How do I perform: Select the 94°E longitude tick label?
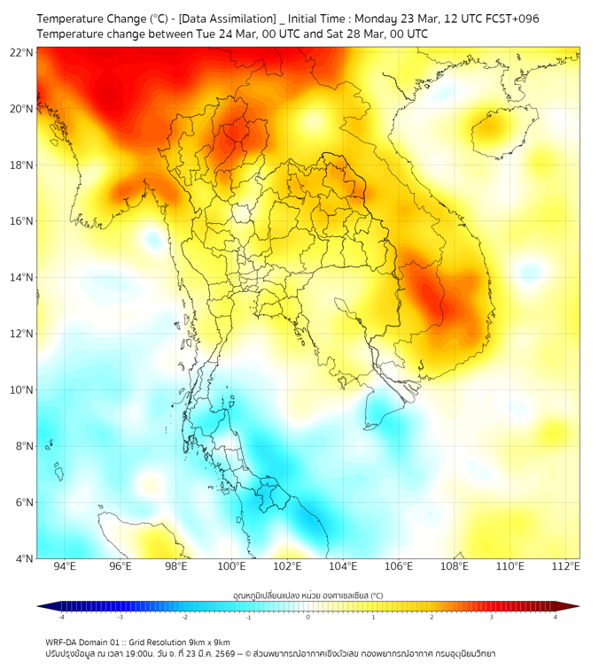[65, 566]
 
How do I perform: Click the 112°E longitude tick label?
[565, 566]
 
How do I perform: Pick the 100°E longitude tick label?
[231, 566]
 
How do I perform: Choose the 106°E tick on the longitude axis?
[399, 566]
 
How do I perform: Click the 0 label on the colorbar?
[308, 617]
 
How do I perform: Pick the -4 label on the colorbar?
[61, 617]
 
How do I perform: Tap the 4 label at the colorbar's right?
[556, 617]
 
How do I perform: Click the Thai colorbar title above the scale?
[307, 595]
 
